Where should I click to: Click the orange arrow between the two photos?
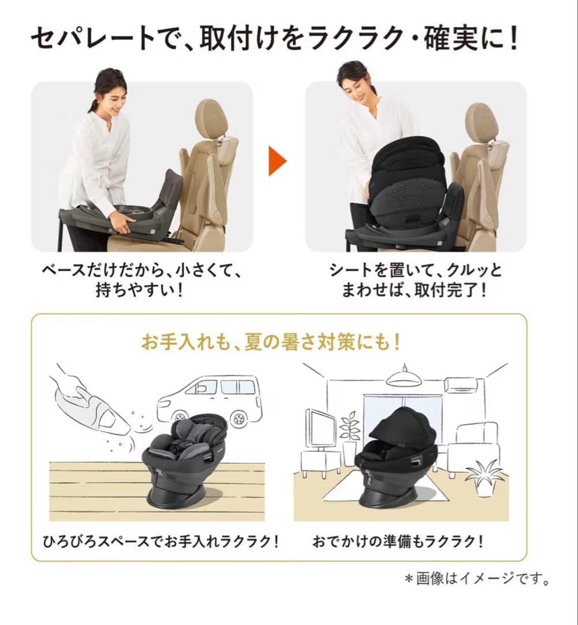tap(278, 161)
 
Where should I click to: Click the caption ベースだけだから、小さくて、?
tap(142, 271)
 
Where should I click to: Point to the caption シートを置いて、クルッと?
tap(416, 271)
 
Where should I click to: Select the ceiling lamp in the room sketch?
tap(403, 378)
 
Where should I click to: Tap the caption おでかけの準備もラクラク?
tap(398, 542)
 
